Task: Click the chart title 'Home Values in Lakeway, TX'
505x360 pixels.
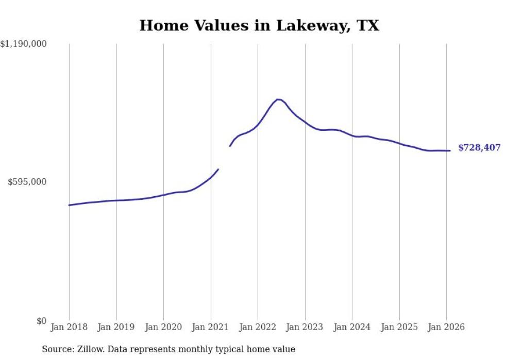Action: pyautogui.click(x=259, y=26)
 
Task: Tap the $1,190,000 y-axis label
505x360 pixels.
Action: pyautogui.click(x=24, y=45)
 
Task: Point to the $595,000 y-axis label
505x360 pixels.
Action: pyautogui.click(x=27, y=182)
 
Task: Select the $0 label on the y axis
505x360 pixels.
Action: pyautogui.click(x=41, y=321)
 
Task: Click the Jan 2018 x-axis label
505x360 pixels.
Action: pyautogui.click(x=69, y=327)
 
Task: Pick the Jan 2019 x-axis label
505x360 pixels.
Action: pyautogui.click(x=116, y=327)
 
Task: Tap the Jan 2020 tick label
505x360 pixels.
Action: pyautogui.click(x=163, y=327)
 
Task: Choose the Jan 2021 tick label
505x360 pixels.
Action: pyautogui.click(x=211, y=327)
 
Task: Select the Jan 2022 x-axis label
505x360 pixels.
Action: pyautogui.click(x=258, y=327)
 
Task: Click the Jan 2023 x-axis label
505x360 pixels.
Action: pyautogui.click(x=305, y=327)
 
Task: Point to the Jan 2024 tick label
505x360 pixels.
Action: pyautogui.click(x=352, y=327)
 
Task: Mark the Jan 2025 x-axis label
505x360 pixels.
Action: pyautogui.click(x=399, y=327)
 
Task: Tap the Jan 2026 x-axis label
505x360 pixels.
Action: pyautogui.click(x=446, y=327)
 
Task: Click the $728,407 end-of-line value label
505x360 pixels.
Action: pyautogui.click(x=479, y=148)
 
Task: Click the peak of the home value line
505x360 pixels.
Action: pyautogui.click(x=278, y=99)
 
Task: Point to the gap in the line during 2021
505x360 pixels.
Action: pyautogui.click(x=224, y=158)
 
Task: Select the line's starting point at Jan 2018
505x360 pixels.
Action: pyautogui.click(x=69, y=205)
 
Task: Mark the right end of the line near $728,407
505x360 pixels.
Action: pyautogui.click(x=450, y=150)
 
